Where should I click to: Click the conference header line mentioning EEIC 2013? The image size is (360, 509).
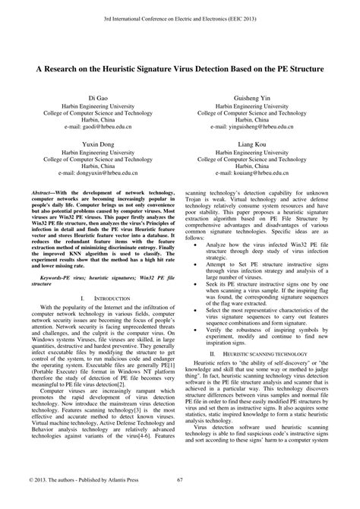pyautogui.click(x=180, y=14)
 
